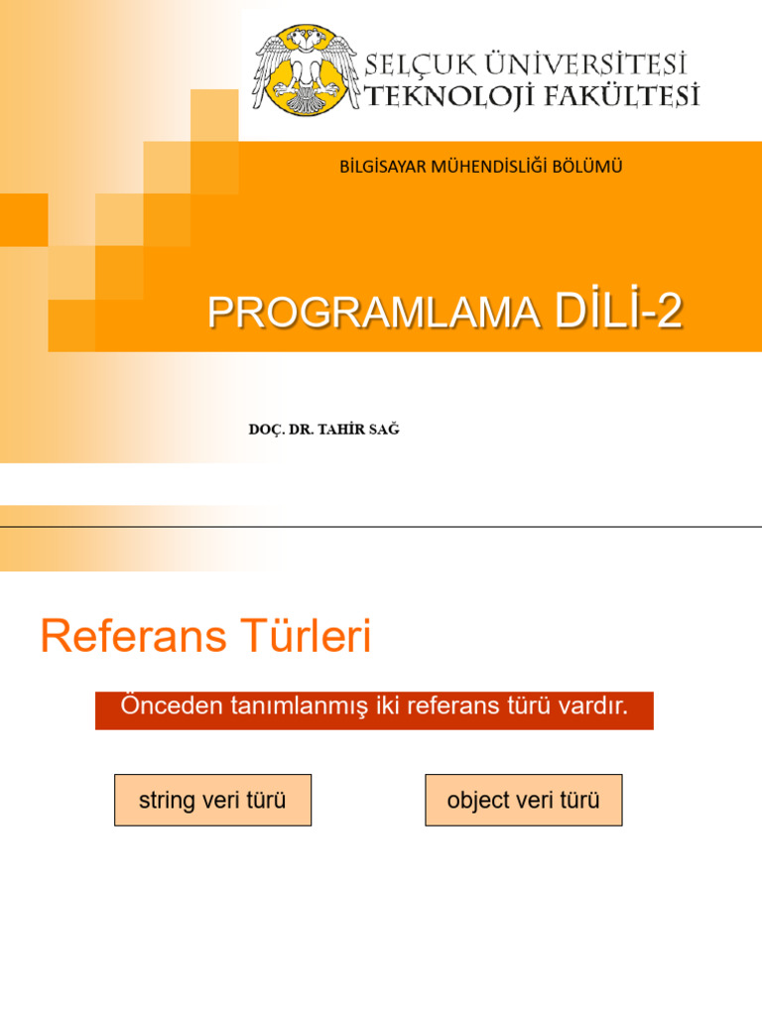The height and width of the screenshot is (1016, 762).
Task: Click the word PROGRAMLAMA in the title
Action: (373, 314)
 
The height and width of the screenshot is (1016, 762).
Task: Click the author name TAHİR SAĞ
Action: (361, 429)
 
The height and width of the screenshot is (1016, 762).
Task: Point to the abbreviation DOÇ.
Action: (266, 429)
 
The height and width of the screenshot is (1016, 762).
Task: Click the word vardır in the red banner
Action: (593, 706)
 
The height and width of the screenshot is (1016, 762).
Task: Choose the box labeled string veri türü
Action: (212, 800)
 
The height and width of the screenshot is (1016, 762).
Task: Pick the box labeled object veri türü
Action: (524, 800)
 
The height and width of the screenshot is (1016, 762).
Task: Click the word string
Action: (167, 801)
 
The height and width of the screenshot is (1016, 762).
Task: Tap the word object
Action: (478, 801)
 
